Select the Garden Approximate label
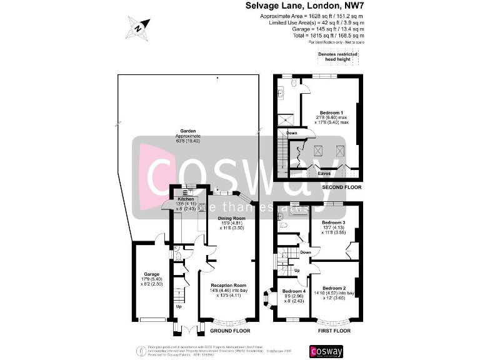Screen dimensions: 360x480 pyautogui.click(x=188, y=134)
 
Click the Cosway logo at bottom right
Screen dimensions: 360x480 pyautogui.click(x=326, y=351)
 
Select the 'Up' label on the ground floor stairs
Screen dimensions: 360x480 pyautogui.click(x=179, y=307)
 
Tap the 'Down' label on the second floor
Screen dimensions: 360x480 pyautogui.click(x=292, y=133)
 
